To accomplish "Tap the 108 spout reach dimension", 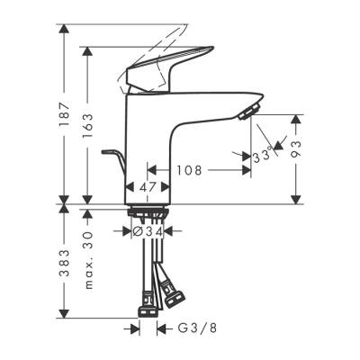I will coord(188,168).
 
